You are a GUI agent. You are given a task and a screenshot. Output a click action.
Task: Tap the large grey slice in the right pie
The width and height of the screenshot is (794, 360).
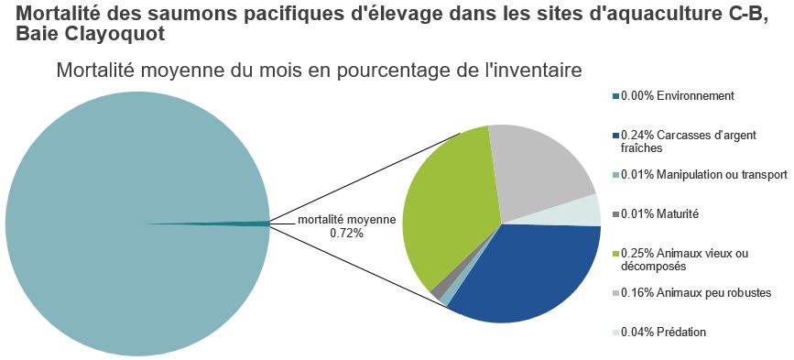[540, 169]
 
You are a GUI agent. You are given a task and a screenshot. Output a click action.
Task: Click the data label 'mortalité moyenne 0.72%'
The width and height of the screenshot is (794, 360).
[346, 226]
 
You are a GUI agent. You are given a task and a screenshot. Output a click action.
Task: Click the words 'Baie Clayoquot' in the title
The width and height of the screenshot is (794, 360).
[91, 34]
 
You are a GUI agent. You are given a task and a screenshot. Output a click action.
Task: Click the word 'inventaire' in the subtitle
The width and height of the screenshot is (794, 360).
[539, 71]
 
